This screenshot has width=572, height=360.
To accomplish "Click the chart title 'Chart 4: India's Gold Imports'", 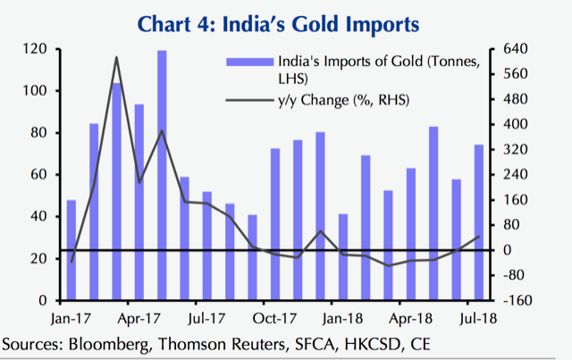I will (x=285, y=19).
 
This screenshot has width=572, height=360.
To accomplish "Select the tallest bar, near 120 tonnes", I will (x=162, y=174).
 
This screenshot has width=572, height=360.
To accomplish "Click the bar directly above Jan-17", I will (x=71, y=249).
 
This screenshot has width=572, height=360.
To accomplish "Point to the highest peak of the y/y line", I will (x=117, y=58).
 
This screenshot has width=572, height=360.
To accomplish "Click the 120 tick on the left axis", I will (x=37, y=49).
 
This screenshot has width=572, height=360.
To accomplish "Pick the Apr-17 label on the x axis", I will (x=139, y=315).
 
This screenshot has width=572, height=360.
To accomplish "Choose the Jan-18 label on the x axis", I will (x=341, y=315).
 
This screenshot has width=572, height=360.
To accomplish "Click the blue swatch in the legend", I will (x=252, y=62).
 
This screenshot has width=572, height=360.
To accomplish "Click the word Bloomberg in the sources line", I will (x=105, y=344).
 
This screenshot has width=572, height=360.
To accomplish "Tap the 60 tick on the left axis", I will (x=40, y=174).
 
